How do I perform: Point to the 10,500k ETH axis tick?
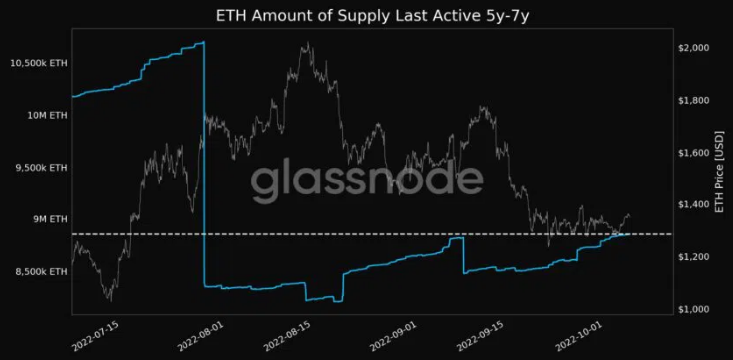pos(38,63)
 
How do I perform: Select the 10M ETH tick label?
pos(46,115)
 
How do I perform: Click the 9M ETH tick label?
pos(49,218)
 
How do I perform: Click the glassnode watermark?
pos(366,181)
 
